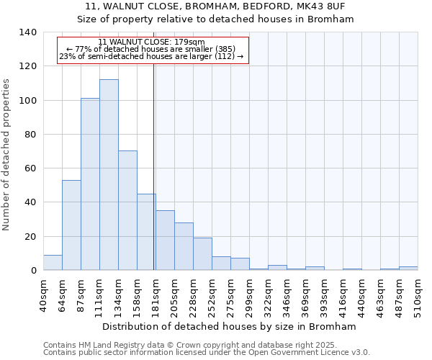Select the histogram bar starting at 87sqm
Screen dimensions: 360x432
pyautogui.click(x=90, y=184)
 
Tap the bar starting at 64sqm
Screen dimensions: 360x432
pyautogui.click(x=71, y=225)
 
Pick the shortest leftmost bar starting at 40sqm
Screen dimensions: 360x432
pyautogui.click(x=53, y=263)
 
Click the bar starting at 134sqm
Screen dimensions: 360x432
pyautogui.click(x=127, y=210)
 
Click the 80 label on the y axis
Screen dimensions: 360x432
pyautogui.click(x=30, y=135)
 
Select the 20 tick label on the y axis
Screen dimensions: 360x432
pyautogui.click(x=30, y=237)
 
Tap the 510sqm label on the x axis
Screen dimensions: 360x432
pyautogui.click(x=418, y=295)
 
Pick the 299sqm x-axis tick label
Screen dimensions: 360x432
pyautogui.click(x=249, y=295)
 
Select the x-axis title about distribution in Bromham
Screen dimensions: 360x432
pyautogui.click(x=230, y=326)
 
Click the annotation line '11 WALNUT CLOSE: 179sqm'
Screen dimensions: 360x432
pyautogui.click(x=151, y=42)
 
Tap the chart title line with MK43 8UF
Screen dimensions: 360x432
pyautogui.click(x=215, y=6)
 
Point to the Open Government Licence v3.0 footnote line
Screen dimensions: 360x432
pyautogui.click(x=207, y=353)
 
